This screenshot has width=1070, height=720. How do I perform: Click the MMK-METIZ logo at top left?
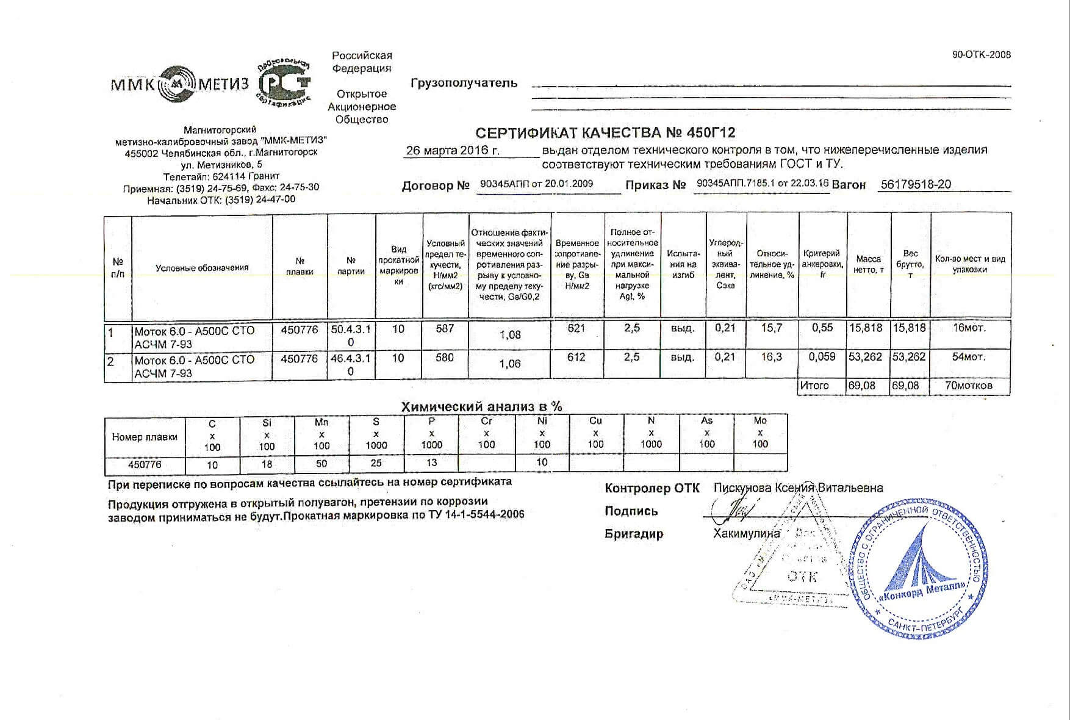click(x=179, y=84)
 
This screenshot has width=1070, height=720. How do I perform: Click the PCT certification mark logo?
click(x=284, y=83)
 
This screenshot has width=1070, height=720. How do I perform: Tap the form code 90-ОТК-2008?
click(x=981, y=55)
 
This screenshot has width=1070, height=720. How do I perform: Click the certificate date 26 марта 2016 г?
click(x=453, y=150)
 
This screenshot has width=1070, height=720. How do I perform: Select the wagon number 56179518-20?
click(x=915, y=184)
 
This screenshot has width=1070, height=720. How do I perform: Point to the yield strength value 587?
click(x=445, y=329)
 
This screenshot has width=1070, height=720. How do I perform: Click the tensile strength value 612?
click(x=576, y=358)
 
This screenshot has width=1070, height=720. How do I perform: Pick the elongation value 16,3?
click(x=771, y=358)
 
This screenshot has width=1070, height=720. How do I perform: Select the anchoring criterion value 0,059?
click(x=822, y=357)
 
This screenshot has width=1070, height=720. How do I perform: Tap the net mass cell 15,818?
click(x=866, y=328)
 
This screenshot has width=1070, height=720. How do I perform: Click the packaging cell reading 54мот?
click(x=969, y=357)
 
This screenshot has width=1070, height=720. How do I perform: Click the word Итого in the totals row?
click(x=814, y=386)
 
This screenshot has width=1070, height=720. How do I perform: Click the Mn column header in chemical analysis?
click(x=321, y=434)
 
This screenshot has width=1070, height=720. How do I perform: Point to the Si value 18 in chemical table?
click(x=267, y=464)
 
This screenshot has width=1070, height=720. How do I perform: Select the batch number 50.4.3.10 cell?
click(x=351, y=335)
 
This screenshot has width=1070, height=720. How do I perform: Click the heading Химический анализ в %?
click(x=481, y=407)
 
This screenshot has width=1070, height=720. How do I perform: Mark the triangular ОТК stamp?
click(x=799, y=555)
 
